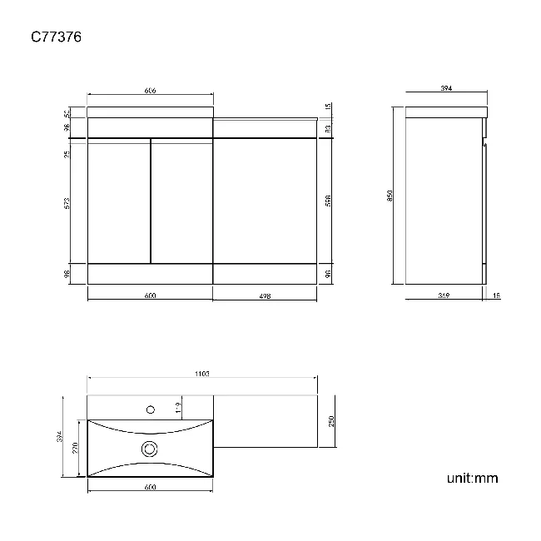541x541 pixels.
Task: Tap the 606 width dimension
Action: coord(151,91)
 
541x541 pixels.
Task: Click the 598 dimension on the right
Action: coord(329,201)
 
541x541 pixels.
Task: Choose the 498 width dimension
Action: coord(266,295)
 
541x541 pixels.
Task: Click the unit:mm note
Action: coord(472,478)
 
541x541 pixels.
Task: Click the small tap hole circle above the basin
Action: coord(151,409)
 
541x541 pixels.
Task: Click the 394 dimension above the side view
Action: coord(446,91)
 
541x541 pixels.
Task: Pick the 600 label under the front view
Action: coord(151,295)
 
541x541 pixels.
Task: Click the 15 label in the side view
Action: coord(496,295)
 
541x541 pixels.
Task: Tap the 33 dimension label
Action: coord(329,128)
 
